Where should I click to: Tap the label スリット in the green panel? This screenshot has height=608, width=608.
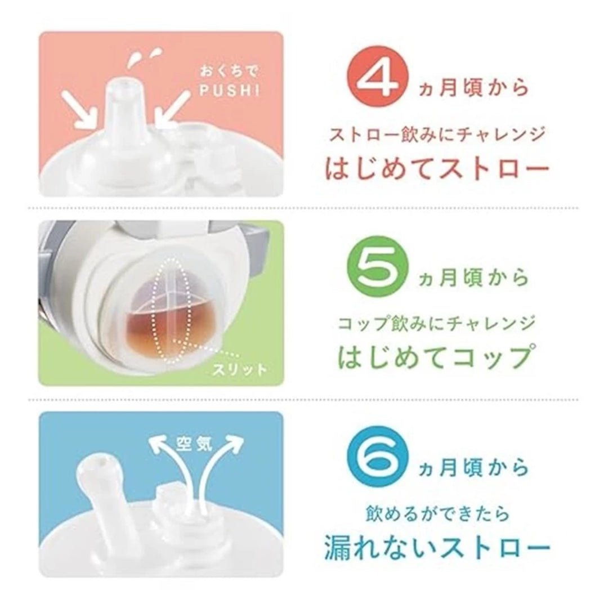click(x=235, y=370)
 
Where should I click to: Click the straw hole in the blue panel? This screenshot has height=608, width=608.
click(x=97, y=463)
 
